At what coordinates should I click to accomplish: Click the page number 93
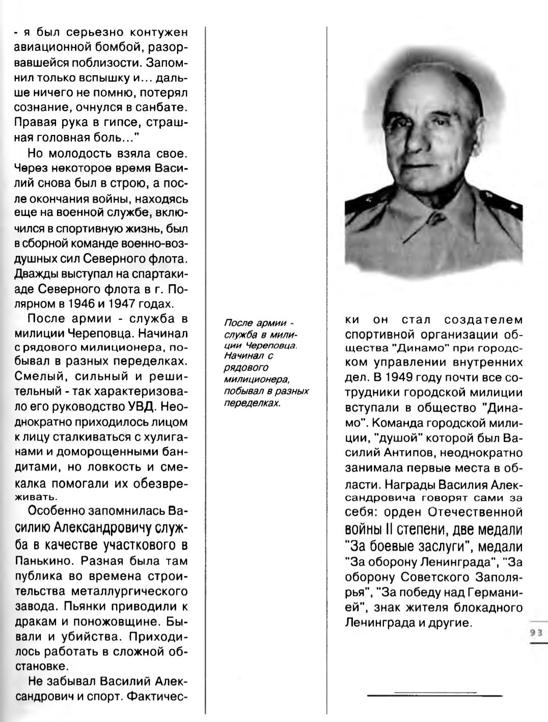tap(535, 632)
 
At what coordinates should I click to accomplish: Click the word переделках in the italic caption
tap(253, 402)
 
